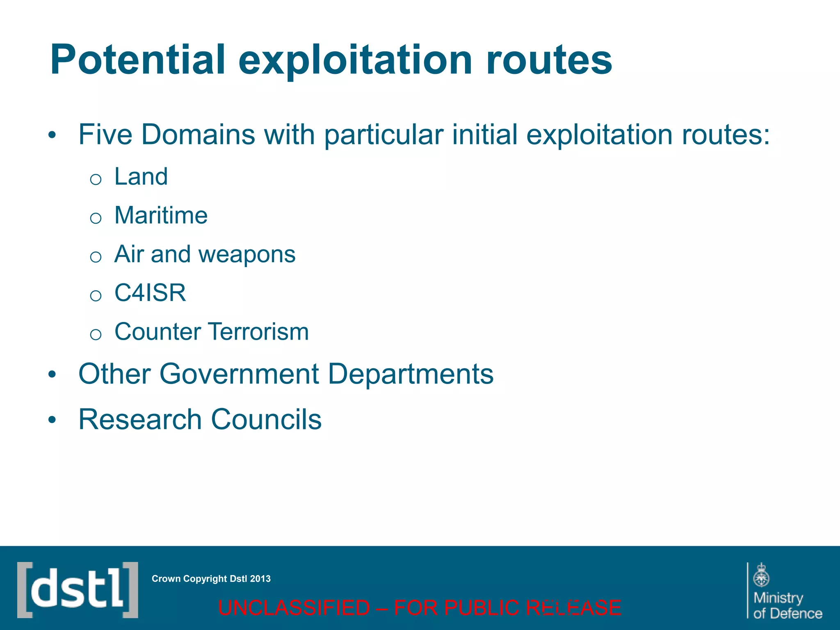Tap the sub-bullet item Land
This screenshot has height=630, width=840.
[141, 177]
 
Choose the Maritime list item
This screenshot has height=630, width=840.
[161, 215]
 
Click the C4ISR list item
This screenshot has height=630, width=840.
[150, 293]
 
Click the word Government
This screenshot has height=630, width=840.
[239, 374]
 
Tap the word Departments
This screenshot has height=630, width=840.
[411, 374]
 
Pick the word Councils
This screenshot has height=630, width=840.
[266, 420]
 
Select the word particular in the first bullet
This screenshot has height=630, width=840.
[384, 135]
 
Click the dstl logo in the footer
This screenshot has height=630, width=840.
[78, 590]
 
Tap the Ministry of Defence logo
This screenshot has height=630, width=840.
[785, 591]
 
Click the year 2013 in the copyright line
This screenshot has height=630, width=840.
[260, 579]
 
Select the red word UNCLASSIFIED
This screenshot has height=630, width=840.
[294, 608]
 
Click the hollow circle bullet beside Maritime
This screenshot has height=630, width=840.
[96, 218]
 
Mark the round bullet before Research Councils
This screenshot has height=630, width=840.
[52, 420]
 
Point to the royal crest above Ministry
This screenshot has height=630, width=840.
[761, 575]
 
